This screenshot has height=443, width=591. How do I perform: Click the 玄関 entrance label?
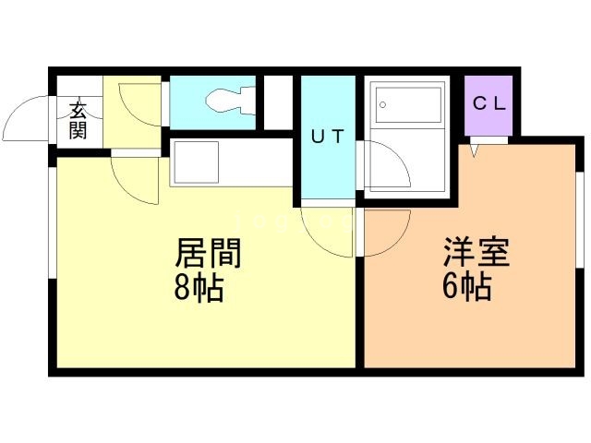pos(78,119)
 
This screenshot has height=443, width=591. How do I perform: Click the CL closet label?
pos(488,103)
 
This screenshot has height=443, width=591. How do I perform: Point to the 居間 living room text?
pos(209,251)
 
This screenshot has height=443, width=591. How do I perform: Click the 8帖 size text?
pos(198,289)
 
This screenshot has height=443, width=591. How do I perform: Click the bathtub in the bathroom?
pos(406,106)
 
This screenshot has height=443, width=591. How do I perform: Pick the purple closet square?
pos(487,104)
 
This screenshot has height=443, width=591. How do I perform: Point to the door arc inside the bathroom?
pos(381,166)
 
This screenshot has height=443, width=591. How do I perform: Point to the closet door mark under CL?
pos(475,148)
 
